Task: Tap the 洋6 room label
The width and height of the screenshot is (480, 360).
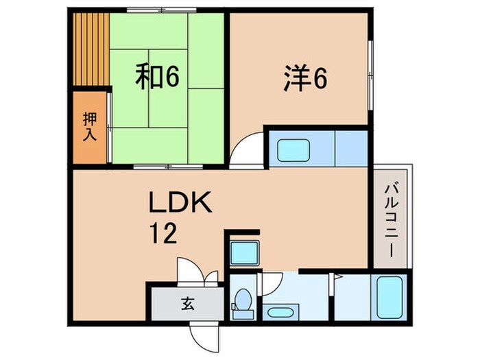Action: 304,78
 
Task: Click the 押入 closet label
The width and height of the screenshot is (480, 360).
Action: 90,128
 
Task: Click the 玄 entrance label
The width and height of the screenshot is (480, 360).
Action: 187,302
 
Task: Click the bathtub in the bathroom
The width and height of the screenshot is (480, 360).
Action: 388,296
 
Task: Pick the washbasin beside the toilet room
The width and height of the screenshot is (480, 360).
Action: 279,313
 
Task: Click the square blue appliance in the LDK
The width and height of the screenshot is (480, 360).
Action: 243,253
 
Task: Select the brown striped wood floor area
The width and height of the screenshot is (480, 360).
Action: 91,51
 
